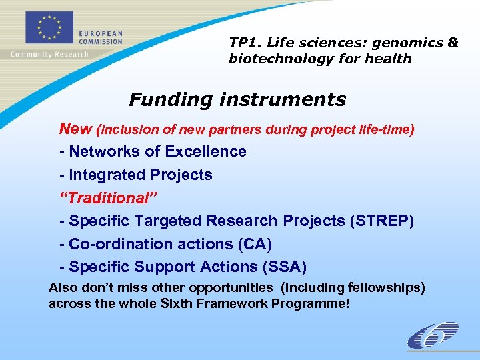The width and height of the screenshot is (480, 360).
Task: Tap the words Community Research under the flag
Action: pyautogui.click(x=49, y=55)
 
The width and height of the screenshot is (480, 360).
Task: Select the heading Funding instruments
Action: pyautogui.click(x=237, y=100)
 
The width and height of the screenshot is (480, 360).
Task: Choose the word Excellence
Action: pyautogui.click(x=205, y=151)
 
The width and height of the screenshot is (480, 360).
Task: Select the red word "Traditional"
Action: pyautogui.click(x=102, y=198)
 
